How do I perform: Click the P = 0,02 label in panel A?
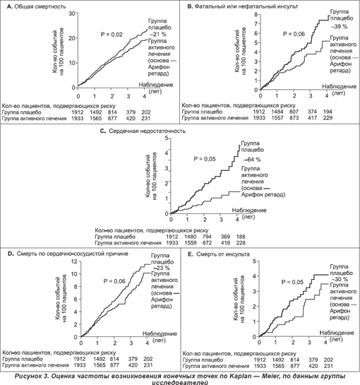[112, 35]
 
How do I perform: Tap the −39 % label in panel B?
[339, 26]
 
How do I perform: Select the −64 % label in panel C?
[253, 160]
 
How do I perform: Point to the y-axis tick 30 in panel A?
[72, 13]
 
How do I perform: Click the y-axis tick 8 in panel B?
[256, 15]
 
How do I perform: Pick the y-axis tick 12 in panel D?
[74, 261]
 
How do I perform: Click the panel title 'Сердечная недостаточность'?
[147, 131]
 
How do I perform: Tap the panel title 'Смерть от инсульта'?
[222, 254]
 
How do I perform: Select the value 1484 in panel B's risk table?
[277, 112]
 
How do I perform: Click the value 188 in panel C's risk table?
[241, 237]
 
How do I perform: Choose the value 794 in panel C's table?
[207, 237]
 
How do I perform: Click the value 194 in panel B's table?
[328, 112]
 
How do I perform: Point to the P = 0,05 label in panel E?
[292, 282]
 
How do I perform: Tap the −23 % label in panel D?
[162, 268]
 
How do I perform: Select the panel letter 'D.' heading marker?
[11, 254]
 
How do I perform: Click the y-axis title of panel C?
[151, 176]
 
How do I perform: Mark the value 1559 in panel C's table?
[190, 243]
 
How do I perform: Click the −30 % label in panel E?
[340, 279]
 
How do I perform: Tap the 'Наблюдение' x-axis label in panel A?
[156, 85]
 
